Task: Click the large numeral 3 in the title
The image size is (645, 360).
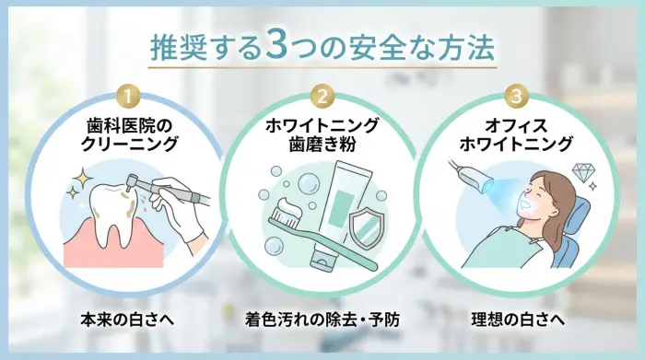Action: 280,46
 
